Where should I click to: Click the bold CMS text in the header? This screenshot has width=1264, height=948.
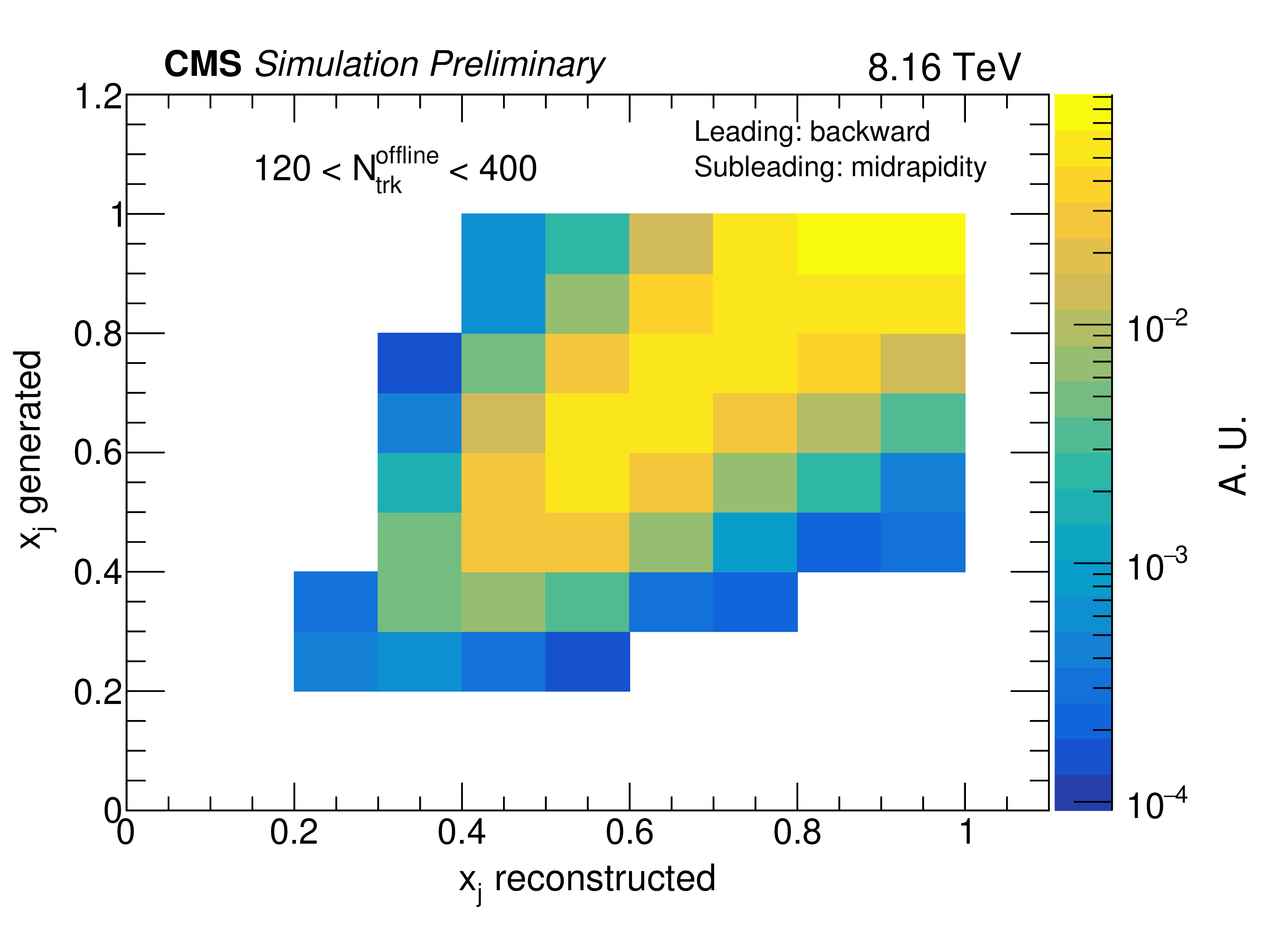[x=203, y=64]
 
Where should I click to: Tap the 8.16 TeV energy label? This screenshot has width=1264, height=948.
[x=943, y=67]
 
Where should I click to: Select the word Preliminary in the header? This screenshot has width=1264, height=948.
[x=517, y=64]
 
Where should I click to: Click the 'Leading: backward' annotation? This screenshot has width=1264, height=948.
[x=812, y=132]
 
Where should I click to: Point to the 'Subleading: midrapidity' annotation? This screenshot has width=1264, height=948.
[x=840, y=167]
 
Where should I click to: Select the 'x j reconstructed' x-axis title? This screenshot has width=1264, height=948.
[x=587, y=879]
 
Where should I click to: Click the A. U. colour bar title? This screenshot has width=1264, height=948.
[x=1233, y=455]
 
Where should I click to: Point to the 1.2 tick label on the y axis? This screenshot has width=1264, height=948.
[x=98, y=97]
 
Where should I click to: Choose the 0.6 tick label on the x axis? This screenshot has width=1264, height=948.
[x=629, y=832]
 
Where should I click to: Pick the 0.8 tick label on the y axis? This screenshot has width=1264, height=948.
[x=98, y=334]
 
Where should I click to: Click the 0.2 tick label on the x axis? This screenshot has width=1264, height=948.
[x=294, y=832]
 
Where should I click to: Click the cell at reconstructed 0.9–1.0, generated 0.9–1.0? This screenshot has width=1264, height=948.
[x=923, y=244]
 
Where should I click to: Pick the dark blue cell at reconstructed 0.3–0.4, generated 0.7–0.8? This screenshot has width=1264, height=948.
[x=420, y=363]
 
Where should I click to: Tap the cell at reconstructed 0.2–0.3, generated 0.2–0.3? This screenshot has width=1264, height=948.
[x=335, y=661]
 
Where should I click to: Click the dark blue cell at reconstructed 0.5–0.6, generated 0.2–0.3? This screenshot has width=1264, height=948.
[x=587, y=661]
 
